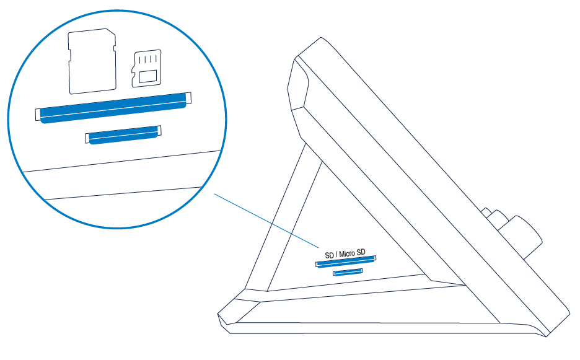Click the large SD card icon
point(92,61)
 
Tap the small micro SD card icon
point(147,68)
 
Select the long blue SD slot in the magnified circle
point(113,107)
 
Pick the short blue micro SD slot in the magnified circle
point(123,134)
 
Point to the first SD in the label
point(329,255)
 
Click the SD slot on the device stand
point(346,261)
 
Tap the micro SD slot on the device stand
point(348,272)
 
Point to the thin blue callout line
point(266,221)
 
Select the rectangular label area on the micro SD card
point(148,76)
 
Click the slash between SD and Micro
point(336,255)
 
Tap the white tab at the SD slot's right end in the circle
point(188,98)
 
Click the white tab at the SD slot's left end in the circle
point(37,115)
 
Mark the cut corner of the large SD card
point(110,32)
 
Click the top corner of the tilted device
point(320,37)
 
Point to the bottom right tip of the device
point(547,336)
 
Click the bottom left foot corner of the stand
point(218,315)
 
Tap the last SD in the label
point(361,252)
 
